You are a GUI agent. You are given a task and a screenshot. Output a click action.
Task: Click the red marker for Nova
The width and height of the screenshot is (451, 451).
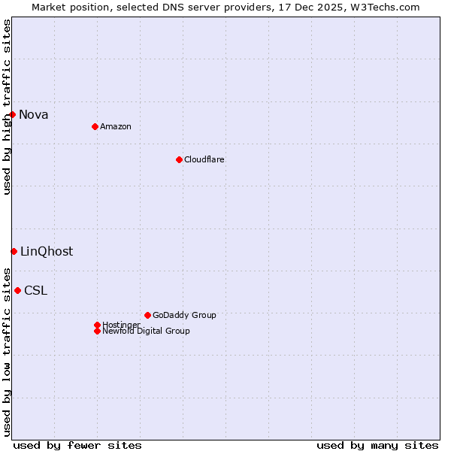[13, 114]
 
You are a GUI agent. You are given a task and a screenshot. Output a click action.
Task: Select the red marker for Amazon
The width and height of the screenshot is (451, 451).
[95, 126]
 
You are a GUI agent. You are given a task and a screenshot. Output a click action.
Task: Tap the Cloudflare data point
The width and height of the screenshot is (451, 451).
[179, 159]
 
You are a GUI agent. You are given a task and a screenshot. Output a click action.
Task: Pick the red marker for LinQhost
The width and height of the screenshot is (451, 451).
[14, 251]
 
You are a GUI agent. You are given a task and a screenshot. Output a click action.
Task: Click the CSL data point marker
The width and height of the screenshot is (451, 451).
[17, 290]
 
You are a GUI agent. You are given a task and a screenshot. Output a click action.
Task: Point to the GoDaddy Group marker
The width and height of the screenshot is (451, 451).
[147, 315]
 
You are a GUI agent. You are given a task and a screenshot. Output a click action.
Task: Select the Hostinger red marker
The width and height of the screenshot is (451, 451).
[97, 325]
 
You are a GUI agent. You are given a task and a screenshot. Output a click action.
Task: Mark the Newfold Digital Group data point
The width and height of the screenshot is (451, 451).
[97, 331]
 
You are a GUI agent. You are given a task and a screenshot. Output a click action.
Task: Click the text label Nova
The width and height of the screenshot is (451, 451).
[34, 114]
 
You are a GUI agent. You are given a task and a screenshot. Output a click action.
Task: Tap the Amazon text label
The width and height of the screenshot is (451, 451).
[116, 126]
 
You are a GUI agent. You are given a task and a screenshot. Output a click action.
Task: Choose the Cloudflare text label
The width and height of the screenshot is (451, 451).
[204, 159]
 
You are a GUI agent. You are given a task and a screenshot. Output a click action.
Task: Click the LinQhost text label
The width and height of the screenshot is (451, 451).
[47, 251]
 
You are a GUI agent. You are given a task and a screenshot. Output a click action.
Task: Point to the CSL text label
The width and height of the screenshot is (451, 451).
[35, 290]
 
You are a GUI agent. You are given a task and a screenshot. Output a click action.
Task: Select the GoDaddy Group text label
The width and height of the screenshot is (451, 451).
[184, 315]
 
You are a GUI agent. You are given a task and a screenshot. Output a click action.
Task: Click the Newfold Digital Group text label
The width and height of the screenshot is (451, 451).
[146, 331]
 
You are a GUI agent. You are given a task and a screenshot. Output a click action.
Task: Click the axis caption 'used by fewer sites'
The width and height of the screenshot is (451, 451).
[77, 445]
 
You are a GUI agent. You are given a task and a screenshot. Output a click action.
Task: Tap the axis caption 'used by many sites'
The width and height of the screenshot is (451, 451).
[377, 445]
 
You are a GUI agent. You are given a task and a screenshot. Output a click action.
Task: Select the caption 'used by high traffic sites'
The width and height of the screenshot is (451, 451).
[7, 107]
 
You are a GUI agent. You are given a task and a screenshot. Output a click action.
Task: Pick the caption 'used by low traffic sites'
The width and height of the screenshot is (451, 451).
[7, 351]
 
